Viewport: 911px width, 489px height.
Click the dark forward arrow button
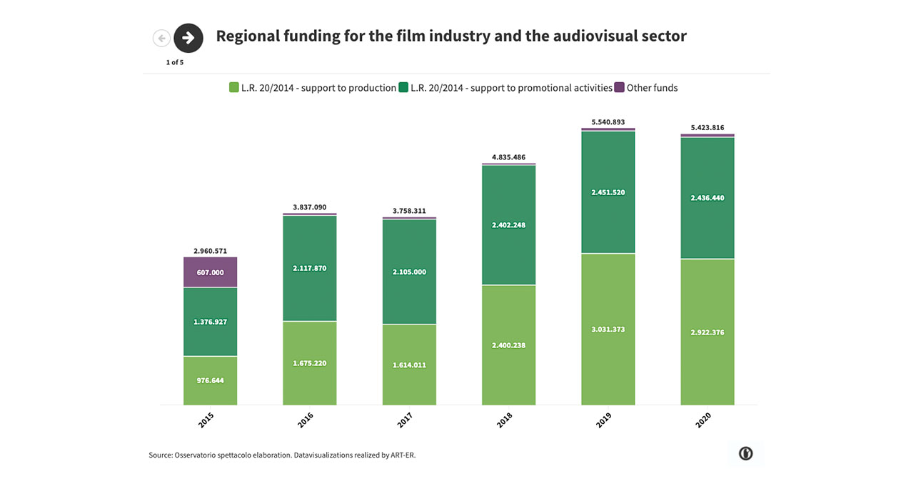(x=188, y=38)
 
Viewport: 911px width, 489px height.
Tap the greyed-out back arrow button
(x=161, y=39)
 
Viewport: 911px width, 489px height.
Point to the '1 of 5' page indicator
(x=175, y=62)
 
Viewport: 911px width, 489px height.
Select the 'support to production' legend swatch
(x=233, y=88)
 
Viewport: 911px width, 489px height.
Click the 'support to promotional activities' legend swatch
(x=403, y=88)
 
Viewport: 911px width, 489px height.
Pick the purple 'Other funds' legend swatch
(x=619, y=88)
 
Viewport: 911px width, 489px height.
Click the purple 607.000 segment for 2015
(x=210, y=272)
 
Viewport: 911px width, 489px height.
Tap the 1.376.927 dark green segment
(x=210, y=322)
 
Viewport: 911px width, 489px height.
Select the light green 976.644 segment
(x=210, y=380)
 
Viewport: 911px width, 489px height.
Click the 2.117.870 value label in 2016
(x=309, y=268)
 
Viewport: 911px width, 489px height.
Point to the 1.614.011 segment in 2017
(x=409, y=365)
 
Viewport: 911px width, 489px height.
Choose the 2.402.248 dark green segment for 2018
(x=508, y=225)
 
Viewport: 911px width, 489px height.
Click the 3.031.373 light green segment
(x=608, y=330)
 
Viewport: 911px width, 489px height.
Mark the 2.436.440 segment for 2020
(x=707, y=198)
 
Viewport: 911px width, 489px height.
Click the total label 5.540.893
(x=608, y=122)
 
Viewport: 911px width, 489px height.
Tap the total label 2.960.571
(x=210, y=251)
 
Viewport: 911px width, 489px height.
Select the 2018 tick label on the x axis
(x=505, y=420)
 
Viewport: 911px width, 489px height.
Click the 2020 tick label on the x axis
(x=703, y=420)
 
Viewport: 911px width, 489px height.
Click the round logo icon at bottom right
(x=745, y=453)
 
